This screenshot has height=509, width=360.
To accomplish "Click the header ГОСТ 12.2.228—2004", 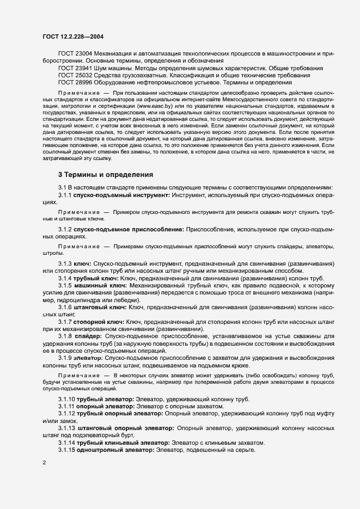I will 72,37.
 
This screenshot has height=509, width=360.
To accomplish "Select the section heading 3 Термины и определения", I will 101,175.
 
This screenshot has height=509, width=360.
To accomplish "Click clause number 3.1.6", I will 65,308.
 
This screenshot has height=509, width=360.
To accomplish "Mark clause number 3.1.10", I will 67,400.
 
